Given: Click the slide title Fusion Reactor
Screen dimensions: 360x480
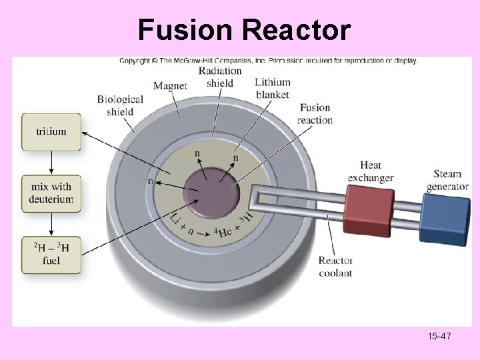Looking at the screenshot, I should coord(244,30).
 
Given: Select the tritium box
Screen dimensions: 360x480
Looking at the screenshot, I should coord(51,132).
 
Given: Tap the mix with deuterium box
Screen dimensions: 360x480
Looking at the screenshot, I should coord(51,194).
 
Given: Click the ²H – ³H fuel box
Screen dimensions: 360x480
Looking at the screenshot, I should coord(51,255).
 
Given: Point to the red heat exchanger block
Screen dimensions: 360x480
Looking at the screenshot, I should coord(369,209).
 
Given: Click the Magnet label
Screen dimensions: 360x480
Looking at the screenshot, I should coord(170,85).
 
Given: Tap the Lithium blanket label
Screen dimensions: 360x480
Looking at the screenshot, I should coord(273,88).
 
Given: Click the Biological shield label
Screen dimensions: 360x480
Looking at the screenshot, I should coord(120,105).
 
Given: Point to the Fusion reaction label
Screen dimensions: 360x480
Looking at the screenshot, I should coord(315,114).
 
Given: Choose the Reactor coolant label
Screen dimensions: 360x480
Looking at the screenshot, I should coord(335,267).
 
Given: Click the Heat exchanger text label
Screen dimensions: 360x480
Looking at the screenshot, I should coord(371,171).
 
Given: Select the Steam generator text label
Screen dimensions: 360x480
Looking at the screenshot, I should coord(447,181).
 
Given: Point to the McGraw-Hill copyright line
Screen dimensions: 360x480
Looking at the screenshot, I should coord(267,61).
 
